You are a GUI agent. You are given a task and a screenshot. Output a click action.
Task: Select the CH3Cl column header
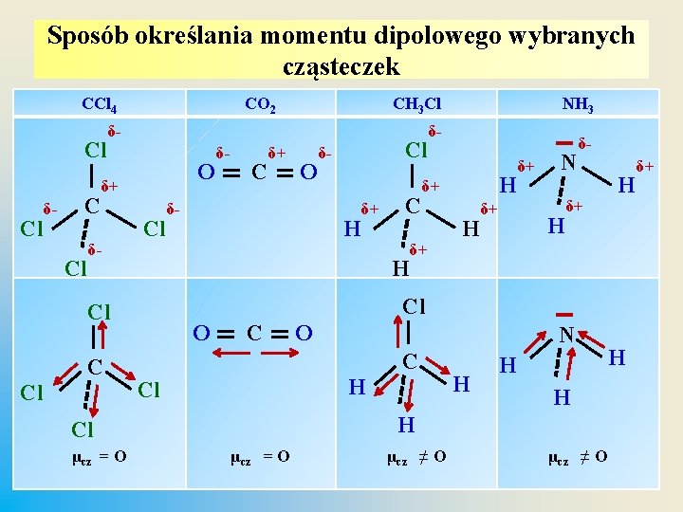tap(416, 103)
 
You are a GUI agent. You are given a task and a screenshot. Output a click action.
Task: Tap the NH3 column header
tap(577, 103)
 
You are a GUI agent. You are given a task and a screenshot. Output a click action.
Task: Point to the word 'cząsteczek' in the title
tap(341, 67)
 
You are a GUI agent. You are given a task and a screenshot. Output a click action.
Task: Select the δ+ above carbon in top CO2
tap(278, 152)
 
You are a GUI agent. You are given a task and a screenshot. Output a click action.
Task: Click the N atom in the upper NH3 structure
tap(568, 163)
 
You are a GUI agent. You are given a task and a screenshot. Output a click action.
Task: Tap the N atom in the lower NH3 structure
tap(566, 335)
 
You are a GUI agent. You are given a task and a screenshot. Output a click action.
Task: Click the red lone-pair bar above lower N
tap(566, 314)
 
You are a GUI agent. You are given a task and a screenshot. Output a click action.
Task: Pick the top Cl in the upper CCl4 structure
tap(96, 150)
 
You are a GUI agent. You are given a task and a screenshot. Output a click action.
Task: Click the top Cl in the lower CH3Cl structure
tap(414, 306)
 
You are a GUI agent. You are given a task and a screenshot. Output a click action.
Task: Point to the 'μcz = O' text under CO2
tap(260, 457)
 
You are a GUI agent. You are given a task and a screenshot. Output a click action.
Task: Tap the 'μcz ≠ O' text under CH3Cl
tap(416, 457)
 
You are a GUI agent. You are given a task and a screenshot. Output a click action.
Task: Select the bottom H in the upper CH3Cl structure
tap(401, 268)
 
